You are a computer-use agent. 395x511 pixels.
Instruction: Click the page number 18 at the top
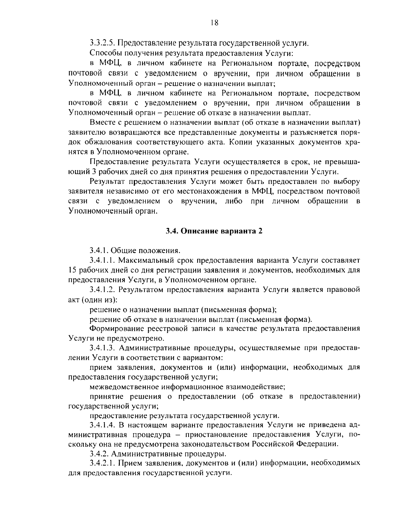tap(214, 23)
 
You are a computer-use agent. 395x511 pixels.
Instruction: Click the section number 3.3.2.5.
tap(102, 43)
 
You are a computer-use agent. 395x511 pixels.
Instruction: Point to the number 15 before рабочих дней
tap(72, 270)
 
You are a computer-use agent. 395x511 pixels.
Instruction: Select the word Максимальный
tap(144, 261)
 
